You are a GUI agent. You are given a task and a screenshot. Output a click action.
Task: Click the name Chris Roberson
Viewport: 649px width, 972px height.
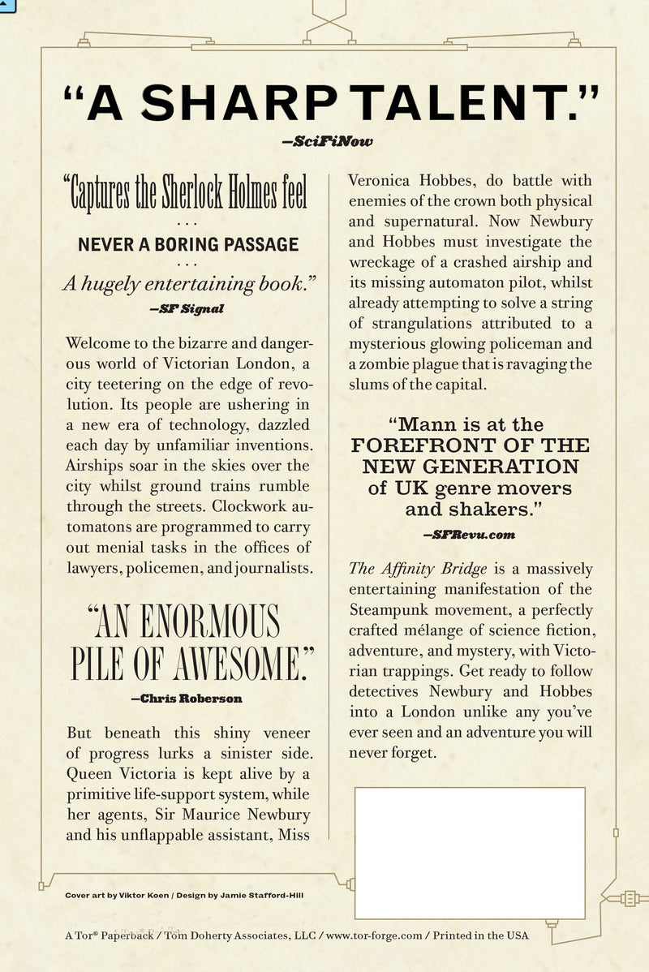point(186,697)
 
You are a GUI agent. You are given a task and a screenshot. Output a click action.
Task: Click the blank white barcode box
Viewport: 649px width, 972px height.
point(470,852)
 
